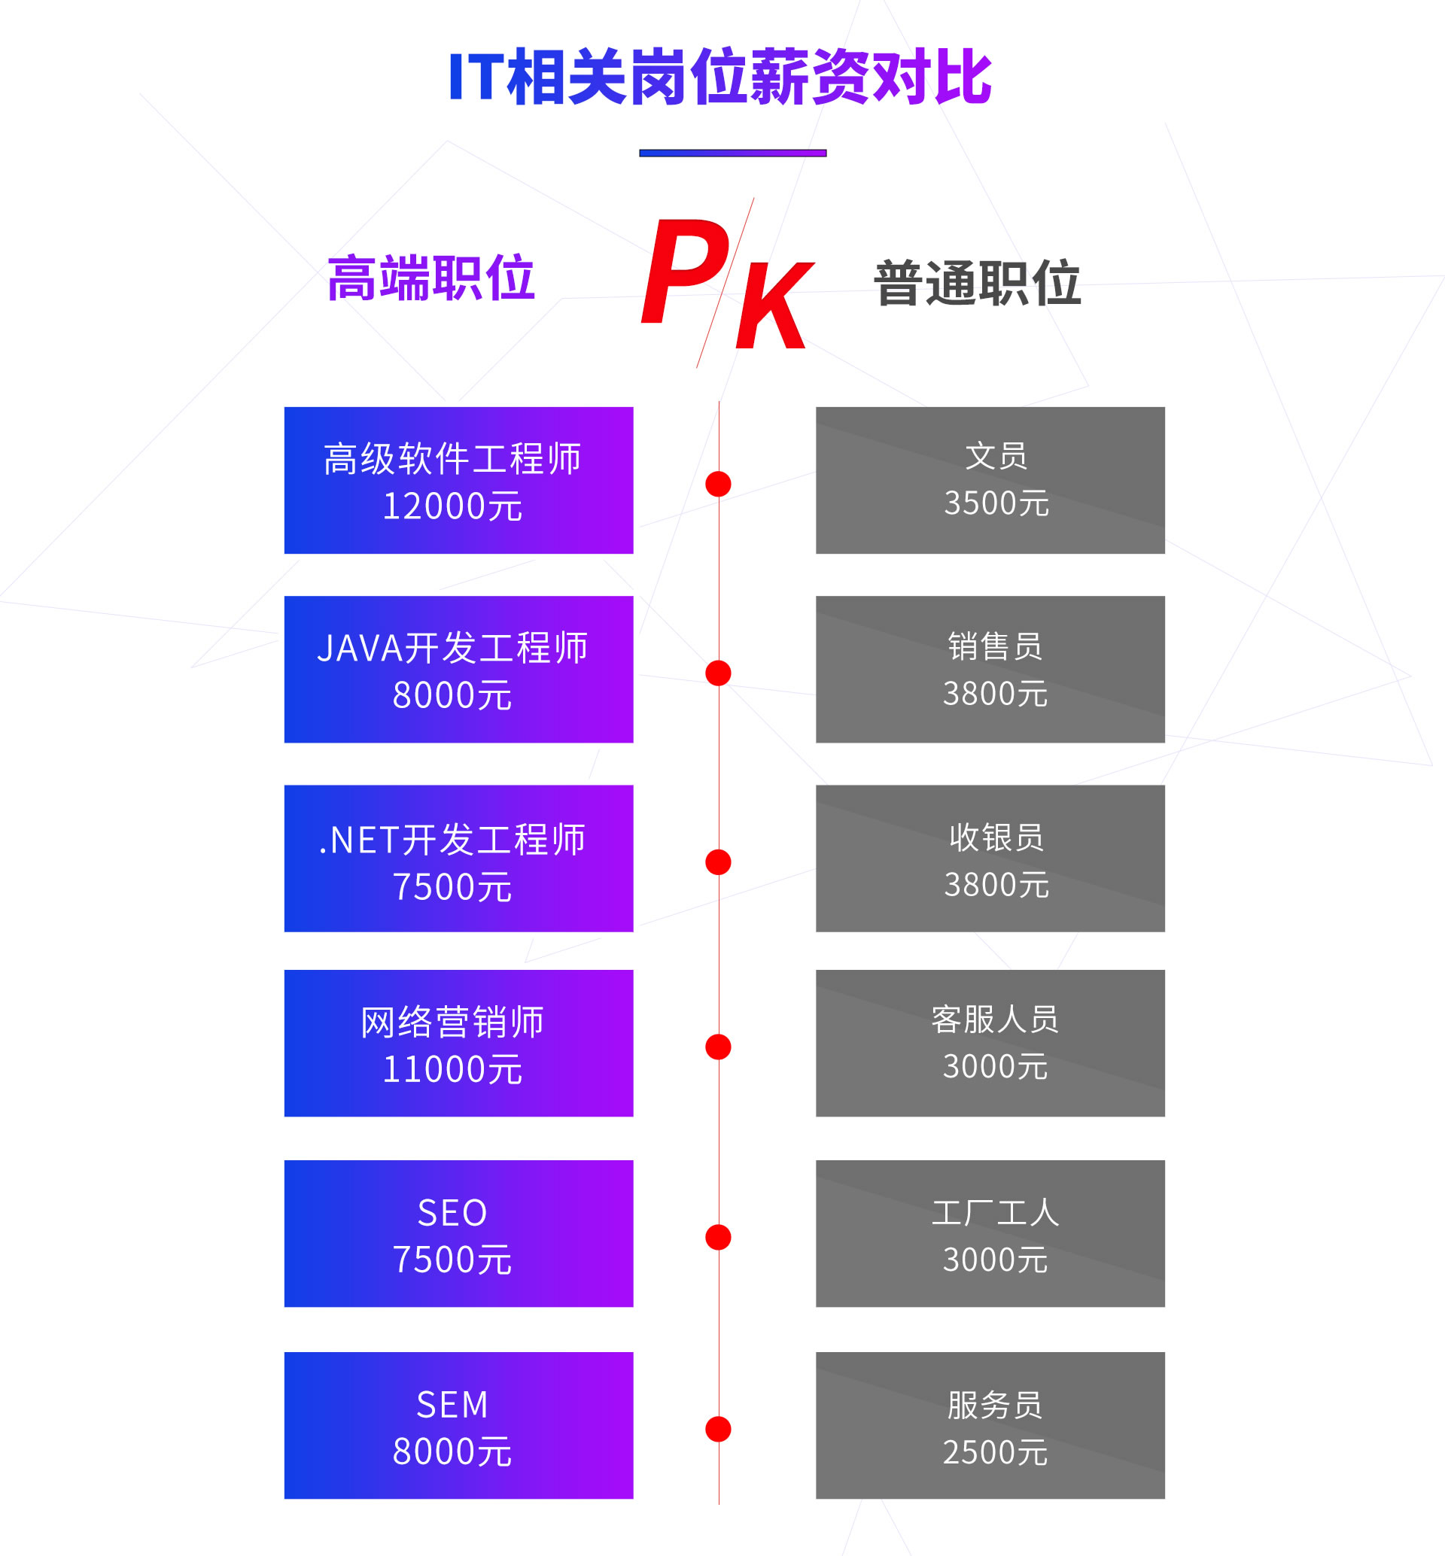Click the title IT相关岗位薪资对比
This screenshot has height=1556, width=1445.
720,77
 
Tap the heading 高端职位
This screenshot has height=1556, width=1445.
430,278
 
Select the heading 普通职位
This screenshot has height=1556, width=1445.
978,283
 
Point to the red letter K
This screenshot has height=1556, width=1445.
774,305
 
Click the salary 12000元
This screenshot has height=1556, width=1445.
452,506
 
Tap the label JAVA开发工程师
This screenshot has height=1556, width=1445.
452,648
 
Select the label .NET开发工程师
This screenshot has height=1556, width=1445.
452,840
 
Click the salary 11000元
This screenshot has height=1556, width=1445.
452,1069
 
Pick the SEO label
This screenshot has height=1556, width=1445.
452,1213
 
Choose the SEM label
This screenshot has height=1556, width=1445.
452,1404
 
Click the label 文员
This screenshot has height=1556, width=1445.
996,456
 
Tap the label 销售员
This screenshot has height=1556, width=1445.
995,646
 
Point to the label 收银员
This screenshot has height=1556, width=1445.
996,837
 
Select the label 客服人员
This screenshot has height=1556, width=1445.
995,1020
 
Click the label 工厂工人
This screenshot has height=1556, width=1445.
995,1213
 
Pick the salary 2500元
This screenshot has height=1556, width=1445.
995,1452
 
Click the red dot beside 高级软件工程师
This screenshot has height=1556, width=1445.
718,484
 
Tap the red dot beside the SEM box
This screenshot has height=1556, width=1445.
718,1429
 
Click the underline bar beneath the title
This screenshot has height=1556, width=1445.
733,153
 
